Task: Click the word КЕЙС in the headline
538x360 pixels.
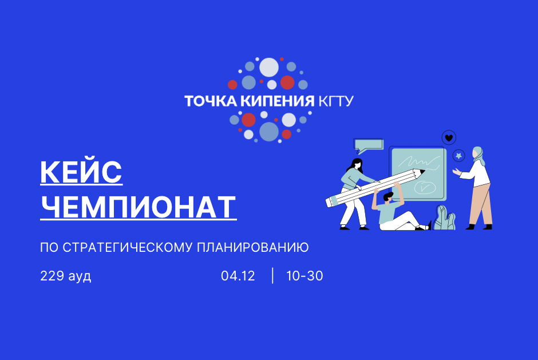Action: (81, 172)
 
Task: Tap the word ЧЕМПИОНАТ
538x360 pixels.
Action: (139, 207)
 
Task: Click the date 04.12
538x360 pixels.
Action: (238, 276)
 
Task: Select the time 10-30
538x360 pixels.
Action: (304, 276)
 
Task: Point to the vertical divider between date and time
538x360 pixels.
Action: (272, 276)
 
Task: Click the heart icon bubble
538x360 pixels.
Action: (449, 137)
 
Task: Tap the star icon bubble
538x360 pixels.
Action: (459, 156)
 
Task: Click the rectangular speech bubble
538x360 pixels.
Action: (368, 144)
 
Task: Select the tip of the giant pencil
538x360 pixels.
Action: (422, 171)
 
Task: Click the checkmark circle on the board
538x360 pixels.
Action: (424, 187)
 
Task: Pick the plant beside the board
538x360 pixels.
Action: (444, 217)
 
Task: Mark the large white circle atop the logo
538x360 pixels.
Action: (269, 68)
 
